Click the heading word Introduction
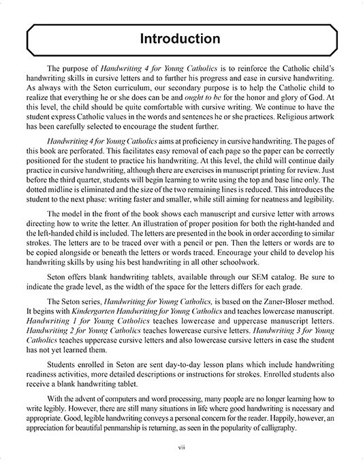click(181, 39)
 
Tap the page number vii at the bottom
click(181, 447)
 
